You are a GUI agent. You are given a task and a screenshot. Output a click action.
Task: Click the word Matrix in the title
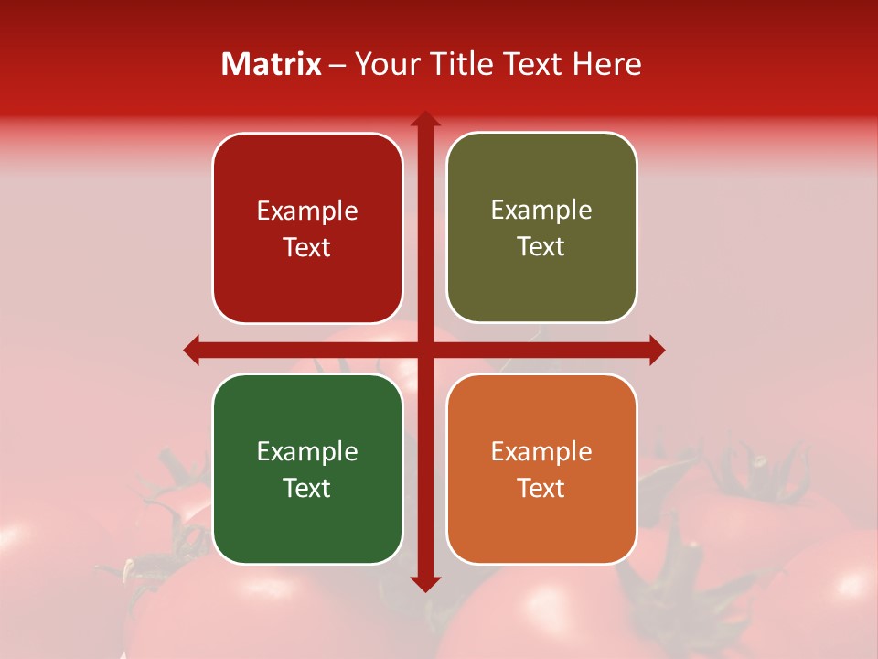272,64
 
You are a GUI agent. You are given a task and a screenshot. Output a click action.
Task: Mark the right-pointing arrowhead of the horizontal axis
656,350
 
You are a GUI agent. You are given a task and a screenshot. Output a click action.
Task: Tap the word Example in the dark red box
307,211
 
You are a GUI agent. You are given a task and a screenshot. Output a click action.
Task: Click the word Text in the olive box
541,247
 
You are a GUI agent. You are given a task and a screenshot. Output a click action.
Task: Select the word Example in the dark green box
307,451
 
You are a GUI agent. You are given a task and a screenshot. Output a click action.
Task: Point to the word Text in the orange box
541,488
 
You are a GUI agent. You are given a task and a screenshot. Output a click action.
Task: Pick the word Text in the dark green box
307,488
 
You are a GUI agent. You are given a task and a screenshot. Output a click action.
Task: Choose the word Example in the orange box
541,451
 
